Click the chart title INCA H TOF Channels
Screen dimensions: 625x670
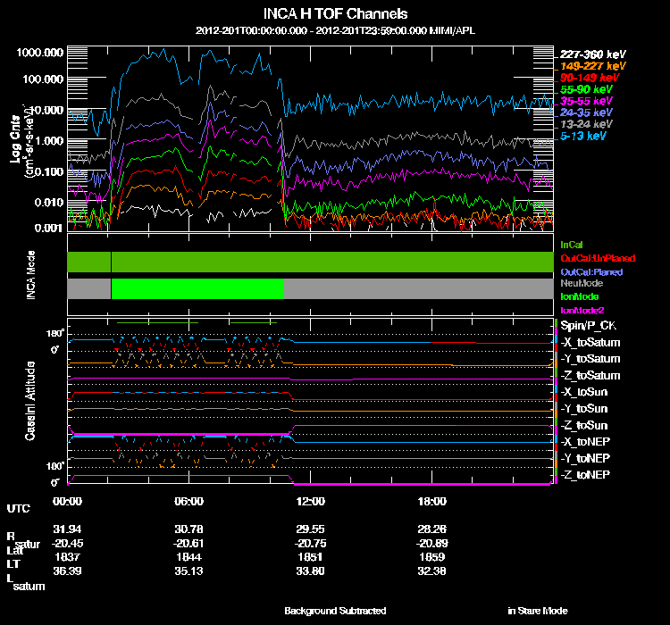336,14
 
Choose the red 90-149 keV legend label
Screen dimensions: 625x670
586,79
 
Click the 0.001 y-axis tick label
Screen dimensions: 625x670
47,228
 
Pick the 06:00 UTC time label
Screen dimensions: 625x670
190,501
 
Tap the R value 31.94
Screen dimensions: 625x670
68,530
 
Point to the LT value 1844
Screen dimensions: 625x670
190,556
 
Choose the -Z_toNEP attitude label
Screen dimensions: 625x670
586,474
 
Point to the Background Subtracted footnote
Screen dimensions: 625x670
335,611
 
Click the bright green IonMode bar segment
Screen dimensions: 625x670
197,288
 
